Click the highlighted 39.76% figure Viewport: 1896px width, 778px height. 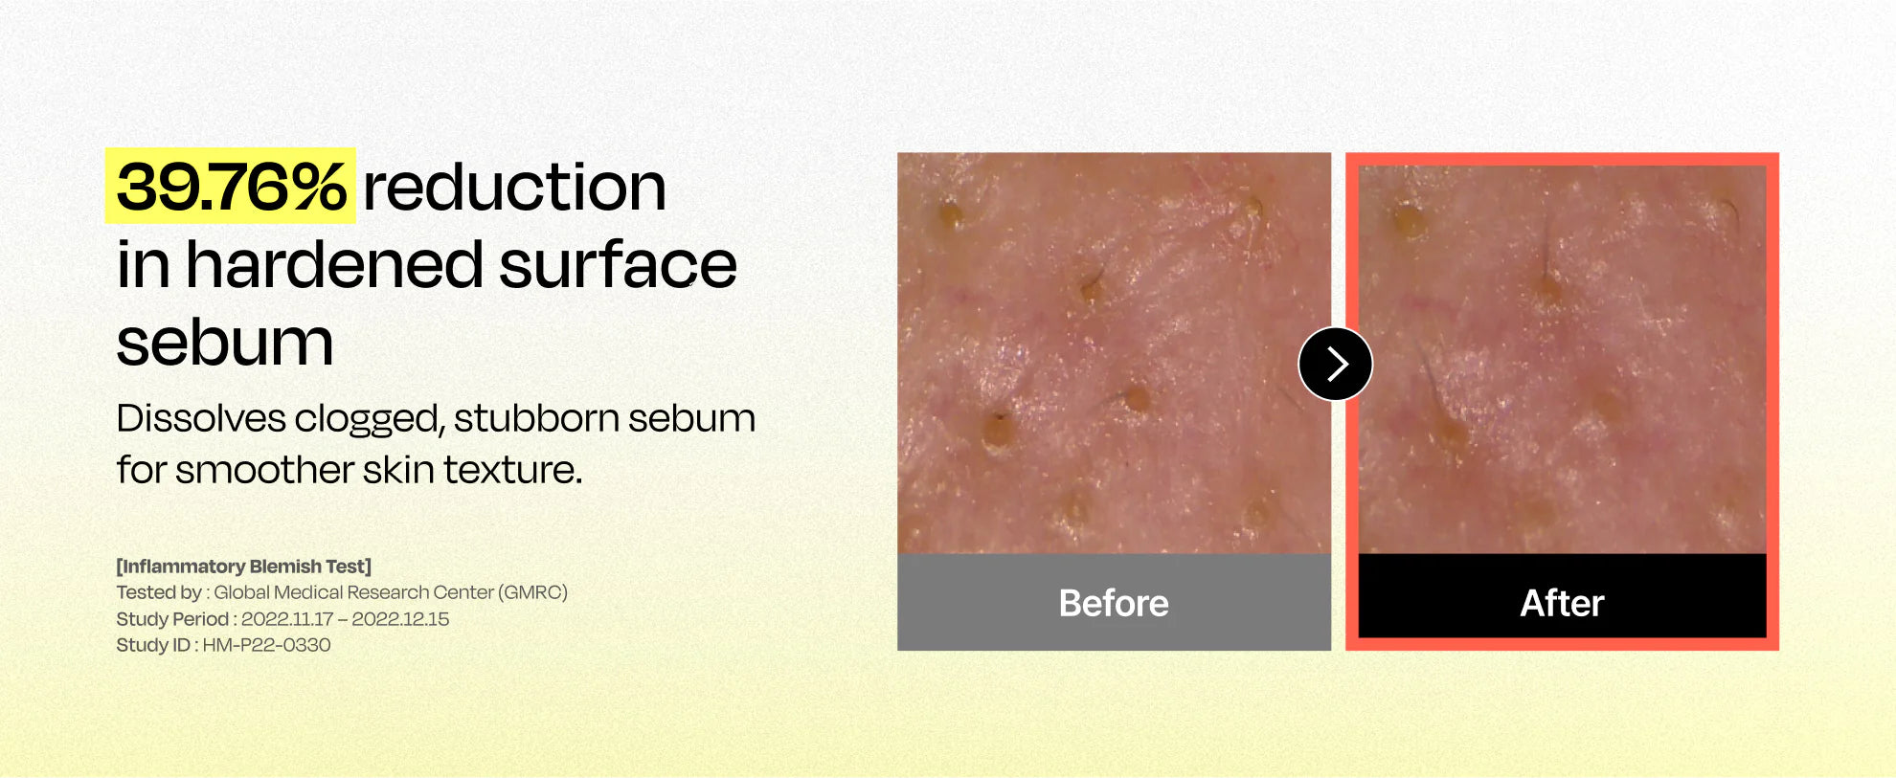pyautogui.click(x=230, y=186)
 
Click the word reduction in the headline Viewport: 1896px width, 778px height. pyautogui.click(x=514, y=187)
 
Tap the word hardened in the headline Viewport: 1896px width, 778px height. pyautogui.click(x=334, y=264)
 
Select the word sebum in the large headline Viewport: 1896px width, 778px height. pyautogui.click(x=225, y=343)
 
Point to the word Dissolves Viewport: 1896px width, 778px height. pyautogui.click(x=201, y=418)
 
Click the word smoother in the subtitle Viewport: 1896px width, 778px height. pyautogui.click(x=265, y=470)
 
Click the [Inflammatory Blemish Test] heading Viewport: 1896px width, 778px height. pyautogui.click(x=243, y=567)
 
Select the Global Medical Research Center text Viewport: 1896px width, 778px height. pyautogui.click(x=353, y=592)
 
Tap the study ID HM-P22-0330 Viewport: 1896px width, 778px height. pyautogui.click(x=266, y=645)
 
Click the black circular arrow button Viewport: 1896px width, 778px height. pyautogui.click(x=1336, y=364)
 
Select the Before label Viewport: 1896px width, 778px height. pyautogui.click(x=1114, y=603)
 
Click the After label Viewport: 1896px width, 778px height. pyautogui.click(x=1562, y=603)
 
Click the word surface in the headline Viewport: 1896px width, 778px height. pyautogui.click(x=618, y=264)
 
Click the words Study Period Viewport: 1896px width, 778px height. pyautogui.click(x=172, y=619)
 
